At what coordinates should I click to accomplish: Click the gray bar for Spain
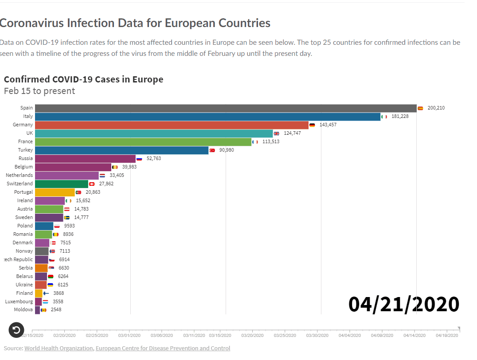click(226, 108)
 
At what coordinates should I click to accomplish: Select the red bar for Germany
click(172, 125)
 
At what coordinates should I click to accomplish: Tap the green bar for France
click(143, 142)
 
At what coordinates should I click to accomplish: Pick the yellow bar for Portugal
click(55, 192)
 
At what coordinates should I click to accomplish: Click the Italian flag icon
click(384, 117)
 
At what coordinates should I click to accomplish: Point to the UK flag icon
click(276, 133)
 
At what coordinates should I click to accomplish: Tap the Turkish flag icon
click(212, 150)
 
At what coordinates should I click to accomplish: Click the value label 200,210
click(436, 108)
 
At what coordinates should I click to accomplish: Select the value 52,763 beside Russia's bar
click(154, 158)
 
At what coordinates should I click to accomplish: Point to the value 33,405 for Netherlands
click(117, 175)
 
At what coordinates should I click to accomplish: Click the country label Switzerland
click(20, 184)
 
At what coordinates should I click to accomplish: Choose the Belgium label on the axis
click(23, 167)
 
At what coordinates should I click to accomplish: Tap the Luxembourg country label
click(19, 301)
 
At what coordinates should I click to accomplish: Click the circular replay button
click(16, 330)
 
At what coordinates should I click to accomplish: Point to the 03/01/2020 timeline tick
click(129, 336)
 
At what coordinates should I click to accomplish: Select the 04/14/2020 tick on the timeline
click(414, 336)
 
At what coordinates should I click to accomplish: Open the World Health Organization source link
click(59, 348)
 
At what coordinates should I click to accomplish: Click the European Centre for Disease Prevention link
click(163, 348)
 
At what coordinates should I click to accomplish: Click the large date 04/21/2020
click(403, 304)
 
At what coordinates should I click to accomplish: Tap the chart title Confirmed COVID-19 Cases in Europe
click(83, 79)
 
